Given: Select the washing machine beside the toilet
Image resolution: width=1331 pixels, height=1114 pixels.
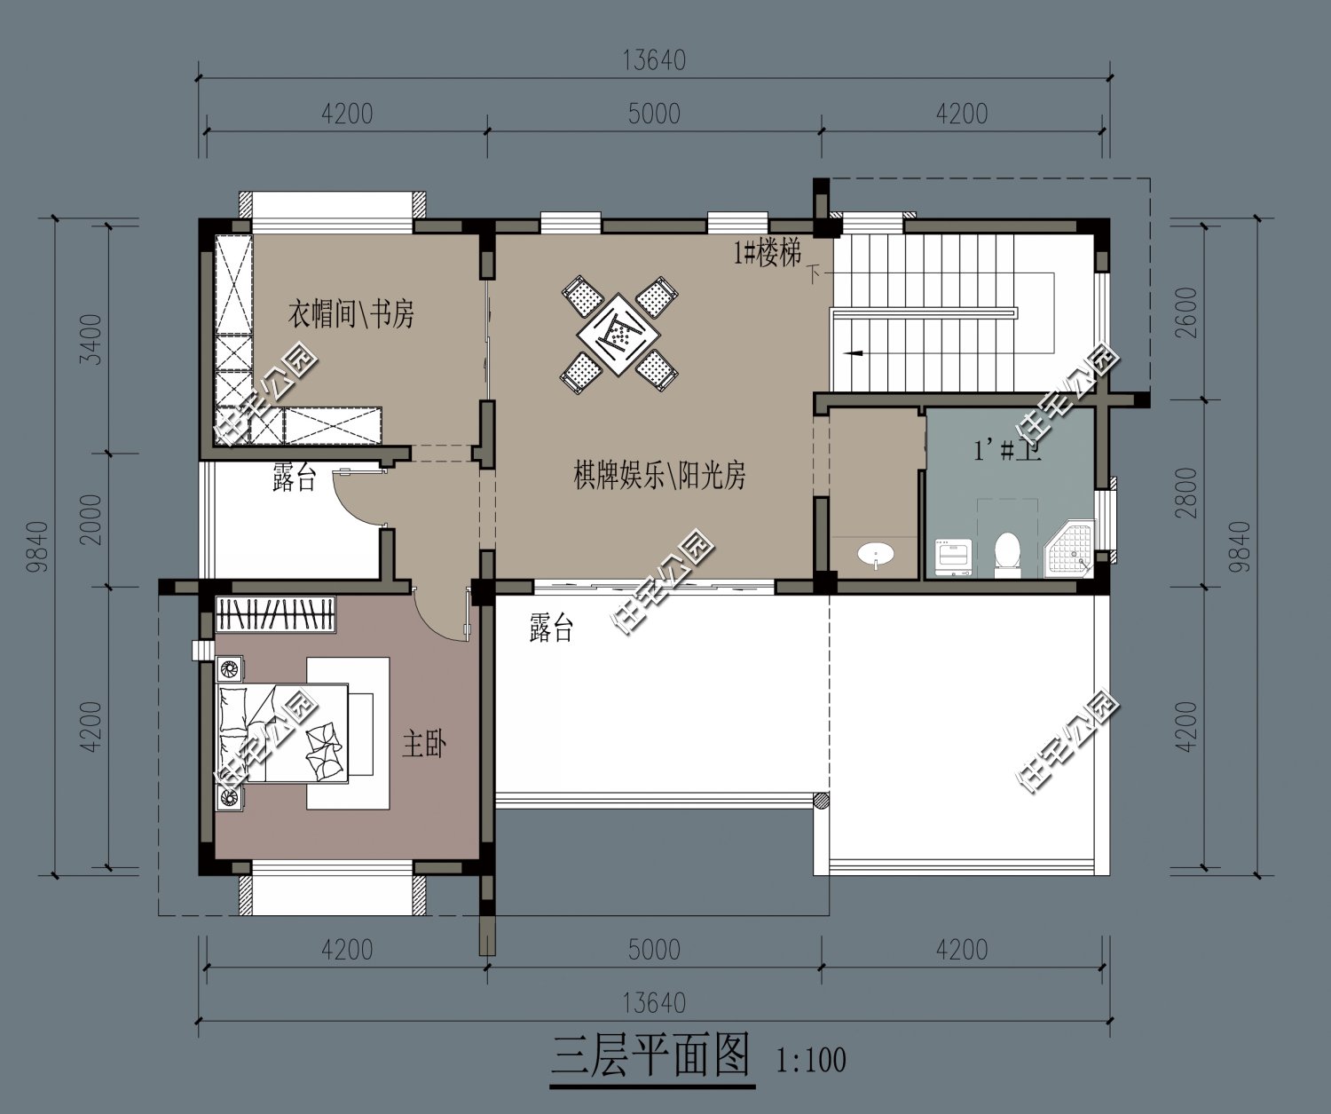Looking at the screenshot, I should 954,557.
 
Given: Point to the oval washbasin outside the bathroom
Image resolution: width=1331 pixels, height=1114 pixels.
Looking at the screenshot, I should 877,556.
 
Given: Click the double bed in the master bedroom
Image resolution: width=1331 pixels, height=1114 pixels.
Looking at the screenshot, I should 282,733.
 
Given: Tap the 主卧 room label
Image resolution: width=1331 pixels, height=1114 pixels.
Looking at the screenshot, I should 423,744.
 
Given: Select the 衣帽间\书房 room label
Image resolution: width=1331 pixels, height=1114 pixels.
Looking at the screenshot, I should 350,313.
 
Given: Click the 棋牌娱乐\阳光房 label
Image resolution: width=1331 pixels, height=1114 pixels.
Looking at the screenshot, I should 659,477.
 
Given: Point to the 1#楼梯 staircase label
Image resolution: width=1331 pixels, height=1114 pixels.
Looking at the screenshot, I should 767,254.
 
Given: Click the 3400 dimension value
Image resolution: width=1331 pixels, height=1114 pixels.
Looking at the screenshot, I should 91,339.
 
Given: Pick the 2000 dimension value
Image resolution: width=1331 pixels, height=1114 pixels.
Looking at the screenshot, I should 91,520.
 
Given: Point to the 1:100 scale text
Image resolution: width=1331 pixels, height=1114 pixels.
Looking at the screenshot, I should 810,1060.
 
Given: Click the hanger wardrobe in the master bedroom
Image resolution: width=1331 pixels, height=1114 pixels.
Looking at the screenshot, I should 276,615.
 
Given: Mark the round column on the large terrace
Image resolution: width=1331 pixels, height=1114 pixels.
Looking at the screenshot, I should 822,800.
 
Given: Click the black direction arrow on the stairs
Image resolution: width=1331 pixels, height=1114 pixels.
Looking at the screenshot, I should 854,353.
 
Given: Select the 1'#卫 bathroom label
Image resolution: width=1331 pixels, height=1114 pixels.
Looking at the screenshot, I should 1008,450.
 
